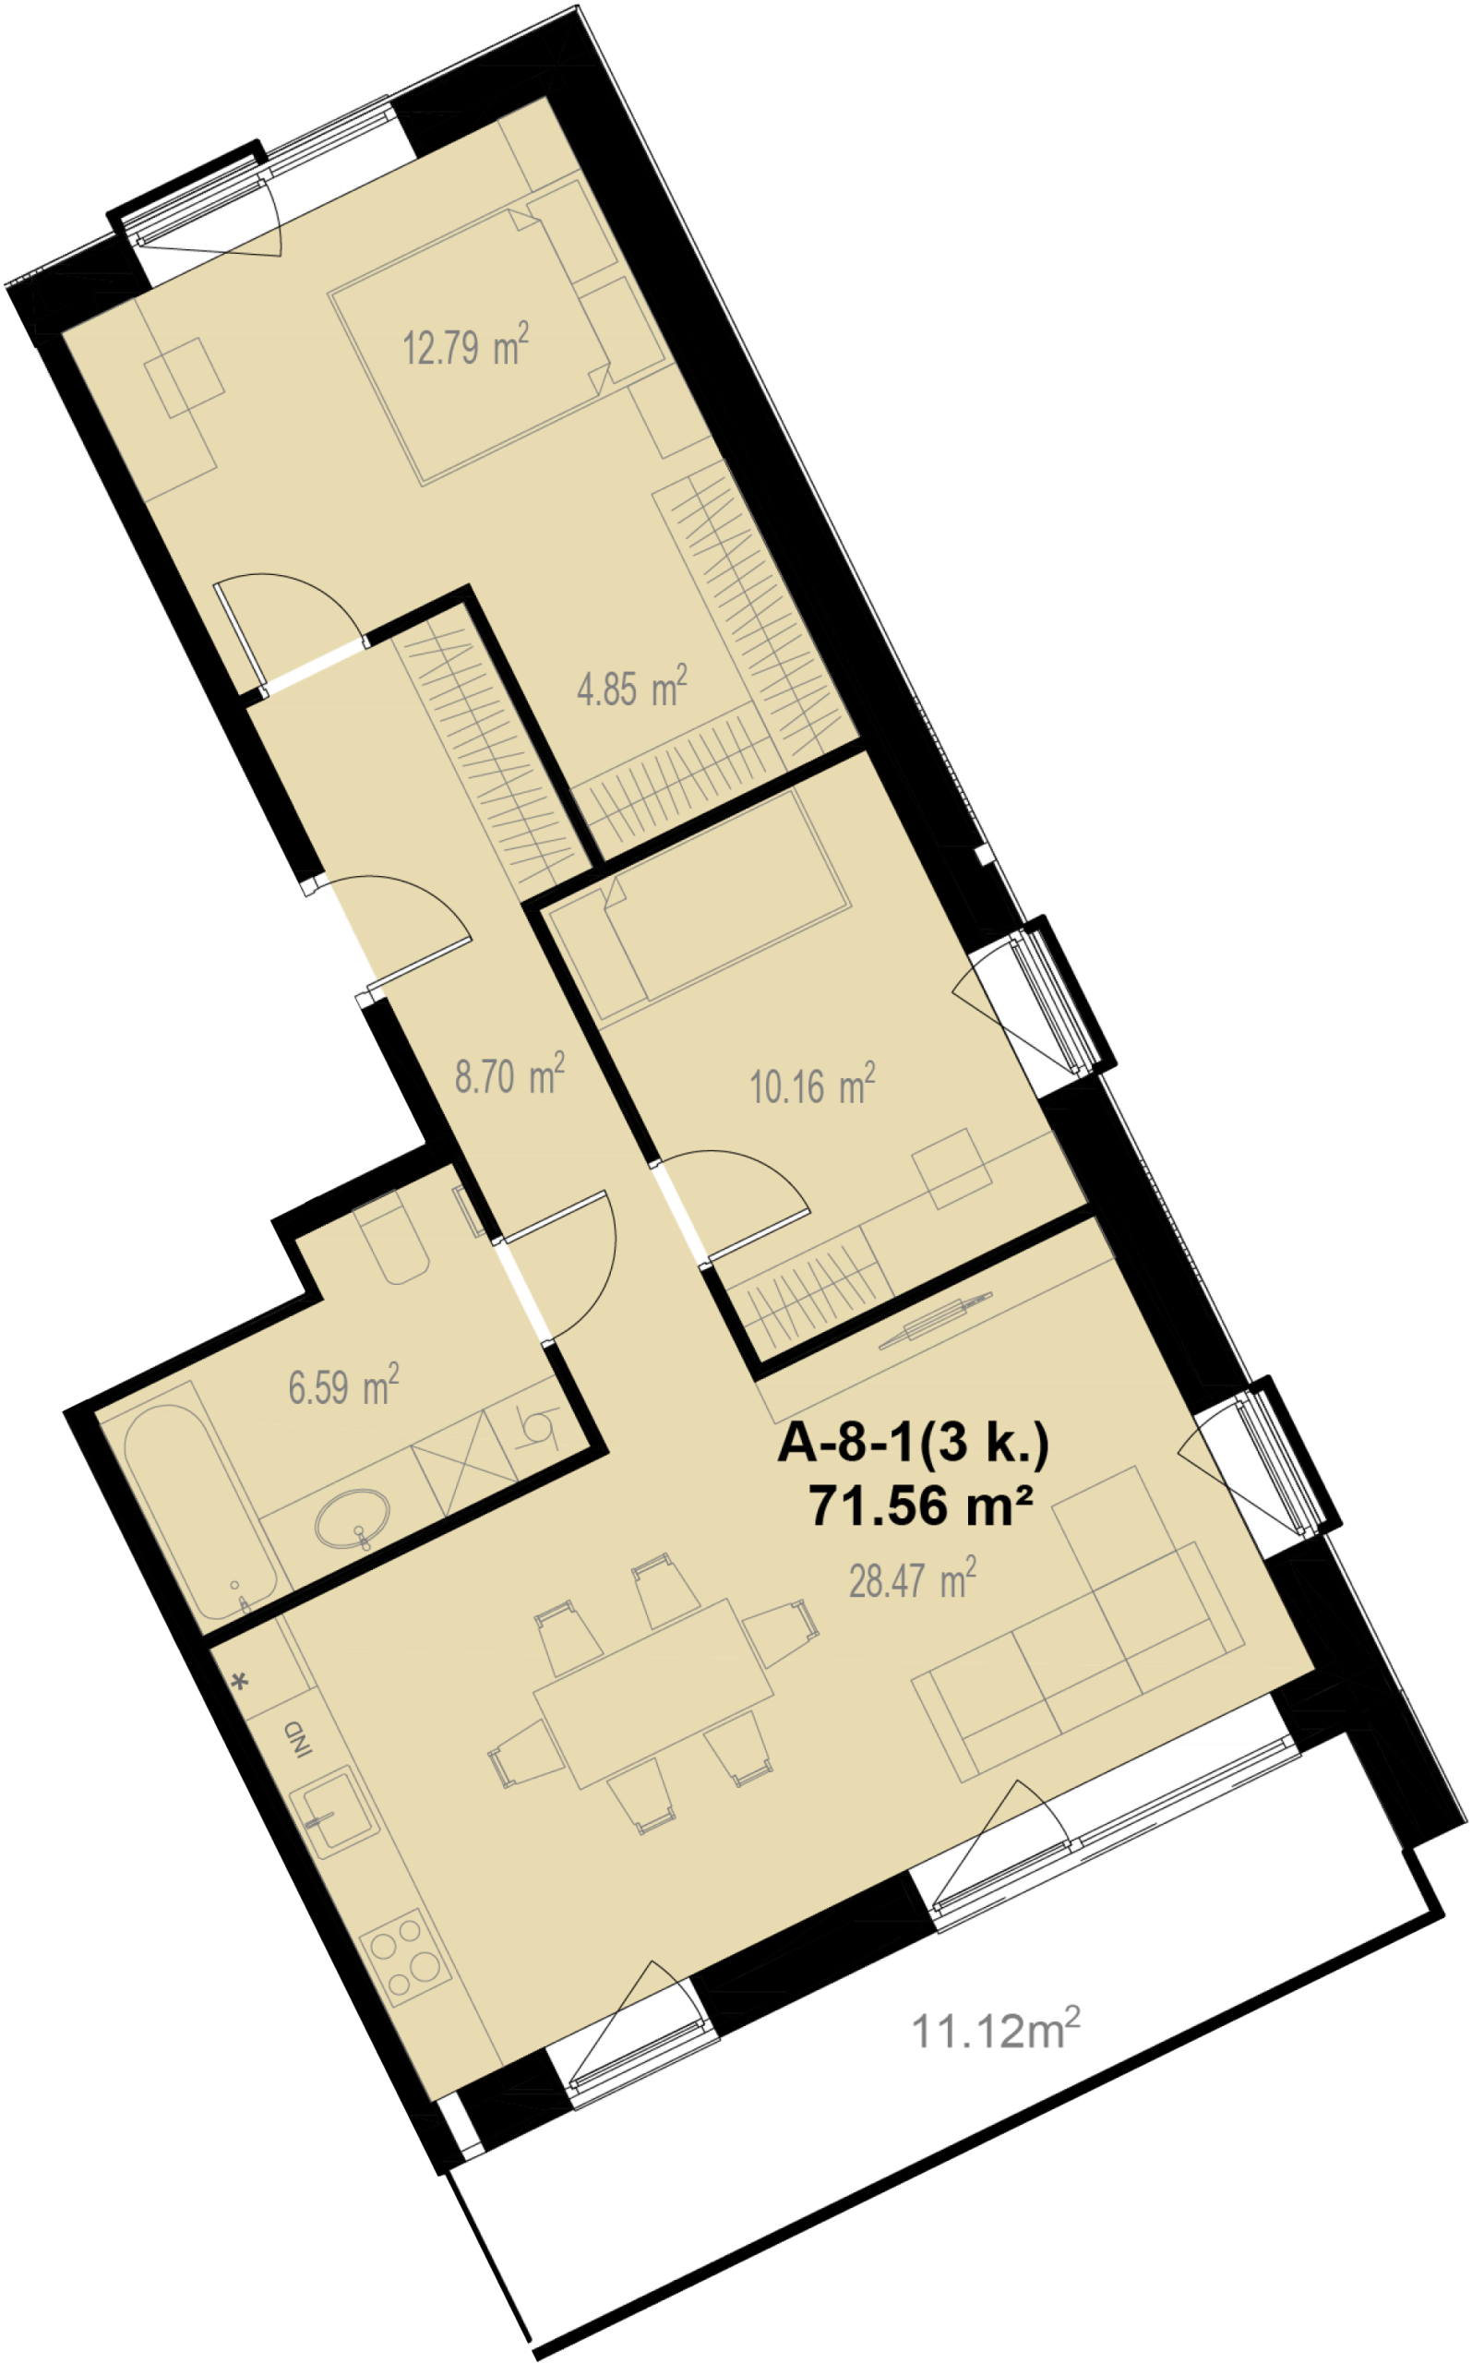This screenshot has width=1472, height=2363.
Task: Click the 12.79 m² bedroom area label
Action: [x=466, y=344]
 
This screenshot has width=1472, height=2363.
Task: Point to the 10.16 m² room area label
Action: [x=812, y=1084]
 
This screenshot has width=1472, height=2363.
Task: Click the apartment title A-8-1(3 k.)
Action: [x=913, y=1444]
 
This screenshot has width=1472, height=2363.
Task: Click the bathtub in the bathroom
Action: [x=195, y=1508]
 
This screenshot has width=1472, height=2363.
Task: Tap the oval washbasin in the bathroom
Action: [x=353, y=1517]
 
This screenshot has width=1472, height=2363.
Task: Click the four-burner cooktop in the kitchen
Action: [x=406, y=1958]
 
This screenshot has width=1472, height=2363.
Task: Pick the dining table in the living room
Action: [x=653, y=1694]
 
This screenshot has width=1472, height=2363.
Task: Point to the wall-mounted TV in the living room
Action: [x=934, y=1321]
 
